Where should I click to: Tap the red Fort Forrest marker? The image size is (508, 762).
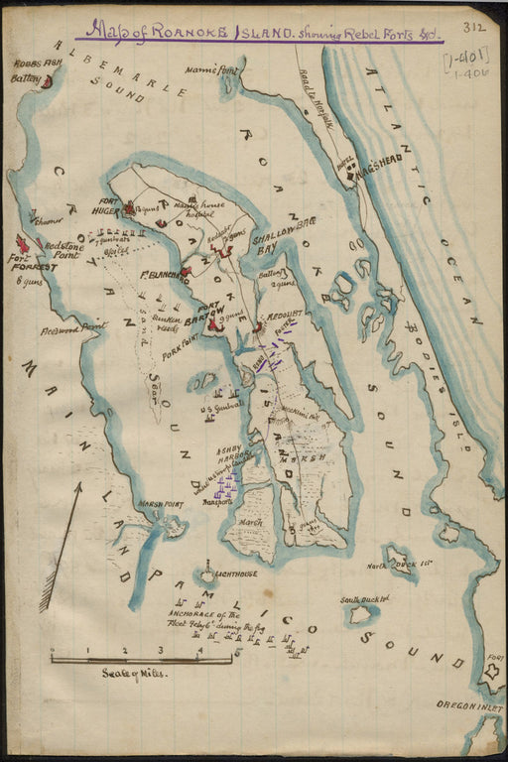[23, 244]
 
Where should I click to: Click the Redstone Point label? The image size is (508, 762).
[59, 255]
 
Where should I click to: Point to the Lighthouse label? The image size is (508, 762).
[236, 573]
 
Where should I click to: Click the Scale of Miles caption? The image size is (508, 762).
[134, 672]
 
